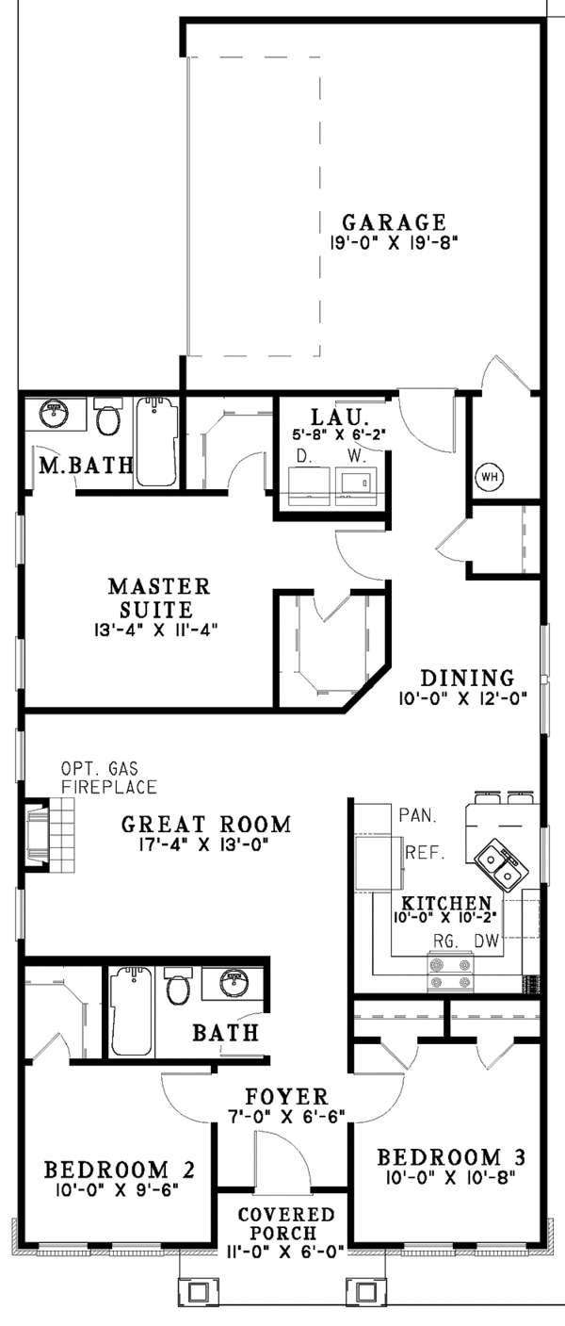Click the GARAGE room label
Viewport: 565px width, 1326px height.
coord(395,222)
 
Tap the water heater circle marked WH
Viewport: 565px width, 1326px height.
coord(489,476)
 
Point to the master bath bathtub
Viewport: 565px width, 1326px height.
coord(156,441)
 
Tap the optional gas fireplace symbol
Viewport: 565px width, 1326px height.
coord(50,835)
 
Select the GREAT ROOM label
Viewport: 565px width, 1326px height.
coord(206,824)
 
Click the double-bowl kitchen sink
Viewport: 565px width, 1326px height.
coord(501,864)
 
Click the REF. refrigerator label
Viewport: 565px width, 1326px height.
coord(425,853)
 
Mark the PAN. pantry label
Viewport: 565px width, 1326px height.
coord(418,816)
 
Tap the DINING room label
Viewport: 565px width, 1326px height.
coord(467,678)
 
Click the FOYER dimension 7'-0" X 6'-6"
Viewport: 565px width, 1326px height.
coord(287,1116)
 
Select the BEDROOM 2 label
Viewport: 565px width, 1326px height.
coord(120,1170)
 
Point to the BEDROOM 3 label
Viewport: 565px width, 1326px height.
coord(451,1156)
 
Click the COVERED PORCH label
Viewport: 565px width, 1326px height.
coord(286,1224)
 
